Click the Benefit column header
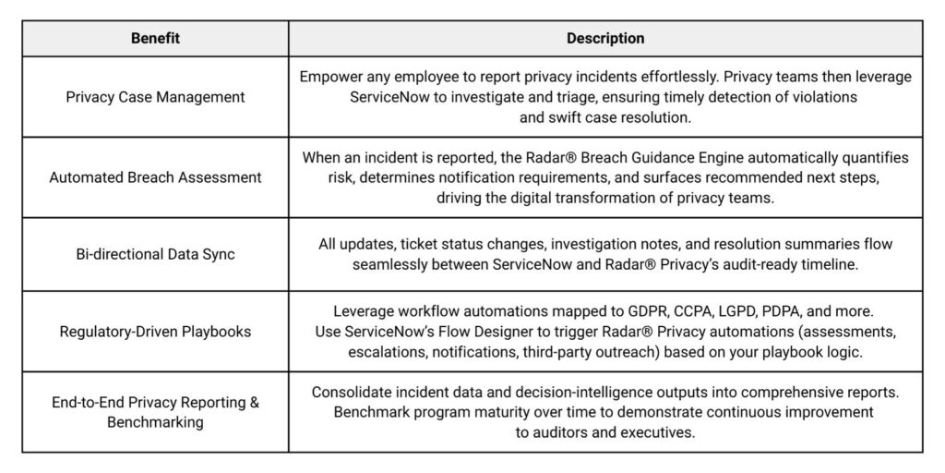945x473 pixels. click(155, 39)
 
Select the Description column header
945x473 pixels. click(605, 39)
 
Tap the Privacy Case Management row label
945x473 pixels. click(155, 97)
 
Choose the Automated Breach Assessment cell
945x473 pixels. click(155, 177)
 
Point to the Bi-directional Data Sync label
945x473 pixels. click(155, 254)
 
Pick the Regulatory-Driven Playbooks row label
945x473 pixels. click(155, 331)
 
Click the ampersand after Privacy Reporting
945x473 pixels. click(254, 403)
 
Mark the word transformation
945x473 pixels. click(601, 197)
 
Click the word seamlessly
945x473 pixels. click(391, 264)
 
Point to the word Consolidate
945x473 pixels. click(353, 393)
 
